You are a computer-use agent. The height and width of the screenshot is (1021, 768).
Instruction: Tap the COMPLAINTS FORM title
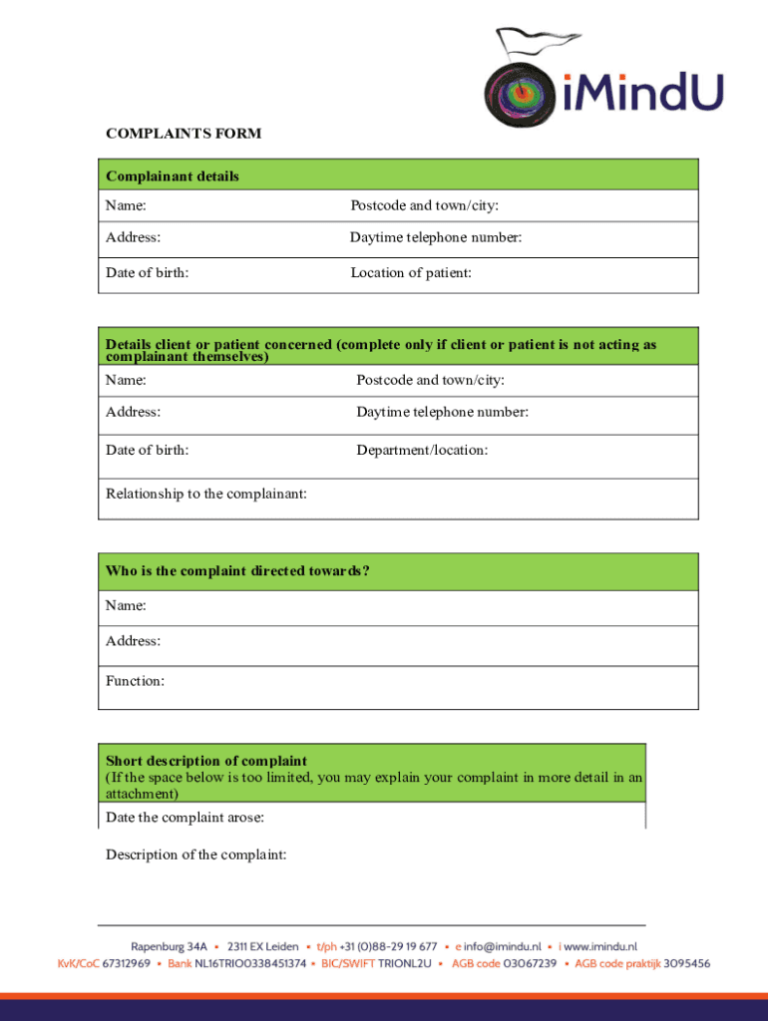pyautogui.click(x=184, y=134)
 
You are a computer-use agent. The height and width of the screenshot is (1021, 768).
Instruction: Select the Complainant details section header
pyautogui.click(x=173, y=176)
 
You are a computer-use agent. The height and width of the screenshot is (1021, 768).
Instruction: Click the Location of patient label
pyautogui.click(x=410, y=272)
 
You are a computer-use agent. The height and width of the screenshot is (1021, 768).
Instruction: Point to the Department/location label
pyautogui.click(x=422, y=450)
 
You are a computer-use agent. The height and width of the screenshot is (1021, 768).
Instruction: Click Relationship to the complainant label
pyautogui.click(x=205, y=493)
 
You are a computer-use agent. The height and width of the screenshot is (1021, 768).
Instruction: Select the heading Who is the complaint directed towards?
pyautogui.click(x=237, y=570)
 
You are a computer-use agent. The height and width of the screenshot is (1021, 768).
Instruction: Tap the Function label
pyautogui.click(x=135, y=681)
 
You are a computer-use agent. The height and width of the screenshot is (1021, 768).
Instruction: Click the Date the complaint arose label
pyautogui.click(x=185, y=818)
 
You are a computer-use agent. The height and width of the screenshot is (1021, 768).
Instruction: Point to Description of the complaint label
pyautogui.click(x=195, y=853)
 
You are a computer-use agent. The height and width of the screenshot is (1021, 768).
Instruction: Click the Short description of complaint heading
pyautogui.click(x=206, y=760)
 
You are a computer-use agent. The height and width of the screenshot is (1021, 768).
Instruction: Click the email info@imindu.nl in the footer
pyautogui.click(x=503, y=946)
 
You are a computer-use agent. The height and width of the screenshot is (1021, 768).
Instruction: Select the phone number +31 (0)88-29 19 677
pyautogui.click(x=388, y=946)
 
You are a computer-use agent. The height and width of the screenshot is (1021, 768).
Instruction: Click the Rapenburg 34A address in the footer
pyautogui.click(x=169, y=946)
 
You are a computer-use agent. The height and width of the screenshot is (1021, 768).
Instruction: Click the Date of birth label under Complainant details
pyautogui.click(x=147, y=272)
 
